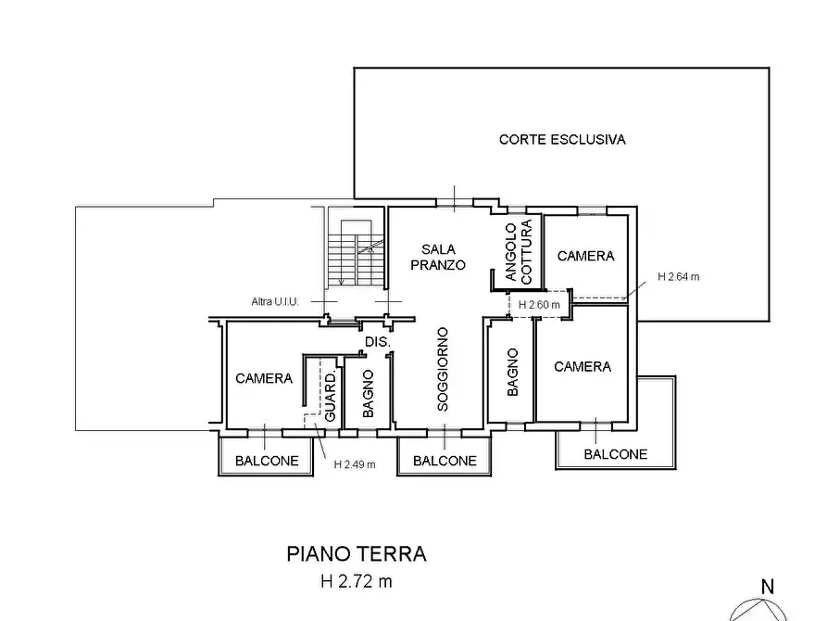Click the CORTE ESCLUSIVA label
coord(562,139)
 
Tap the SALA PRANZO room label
coord(438,257)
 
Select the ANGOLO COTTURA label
coord(519,252)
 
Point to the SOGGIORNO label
coord(443,369)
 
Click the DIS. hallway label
coord(378,342)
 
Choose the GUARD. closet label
coord(331,397)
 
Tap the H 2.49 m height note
coord(355,464)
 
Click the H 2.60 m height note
coord(539,305)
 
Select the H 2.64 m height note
coord(678,277)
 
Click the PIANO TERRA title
coord(357,554)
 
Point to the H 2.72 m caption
coord(357,581)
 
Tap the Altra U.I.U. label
coord(275,301)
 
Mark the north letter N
coord(768,587)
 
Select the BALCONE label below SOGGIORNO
coord(445,461)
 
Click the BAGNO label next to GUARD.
coord(369,393)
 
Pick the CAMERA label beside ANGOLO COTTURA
coord(585,256)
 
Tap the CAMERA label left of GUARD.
coord(264,378)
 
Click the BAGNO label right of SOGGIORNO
coord(512,373)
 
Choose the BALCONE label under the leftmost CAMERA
coord(267,461)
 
